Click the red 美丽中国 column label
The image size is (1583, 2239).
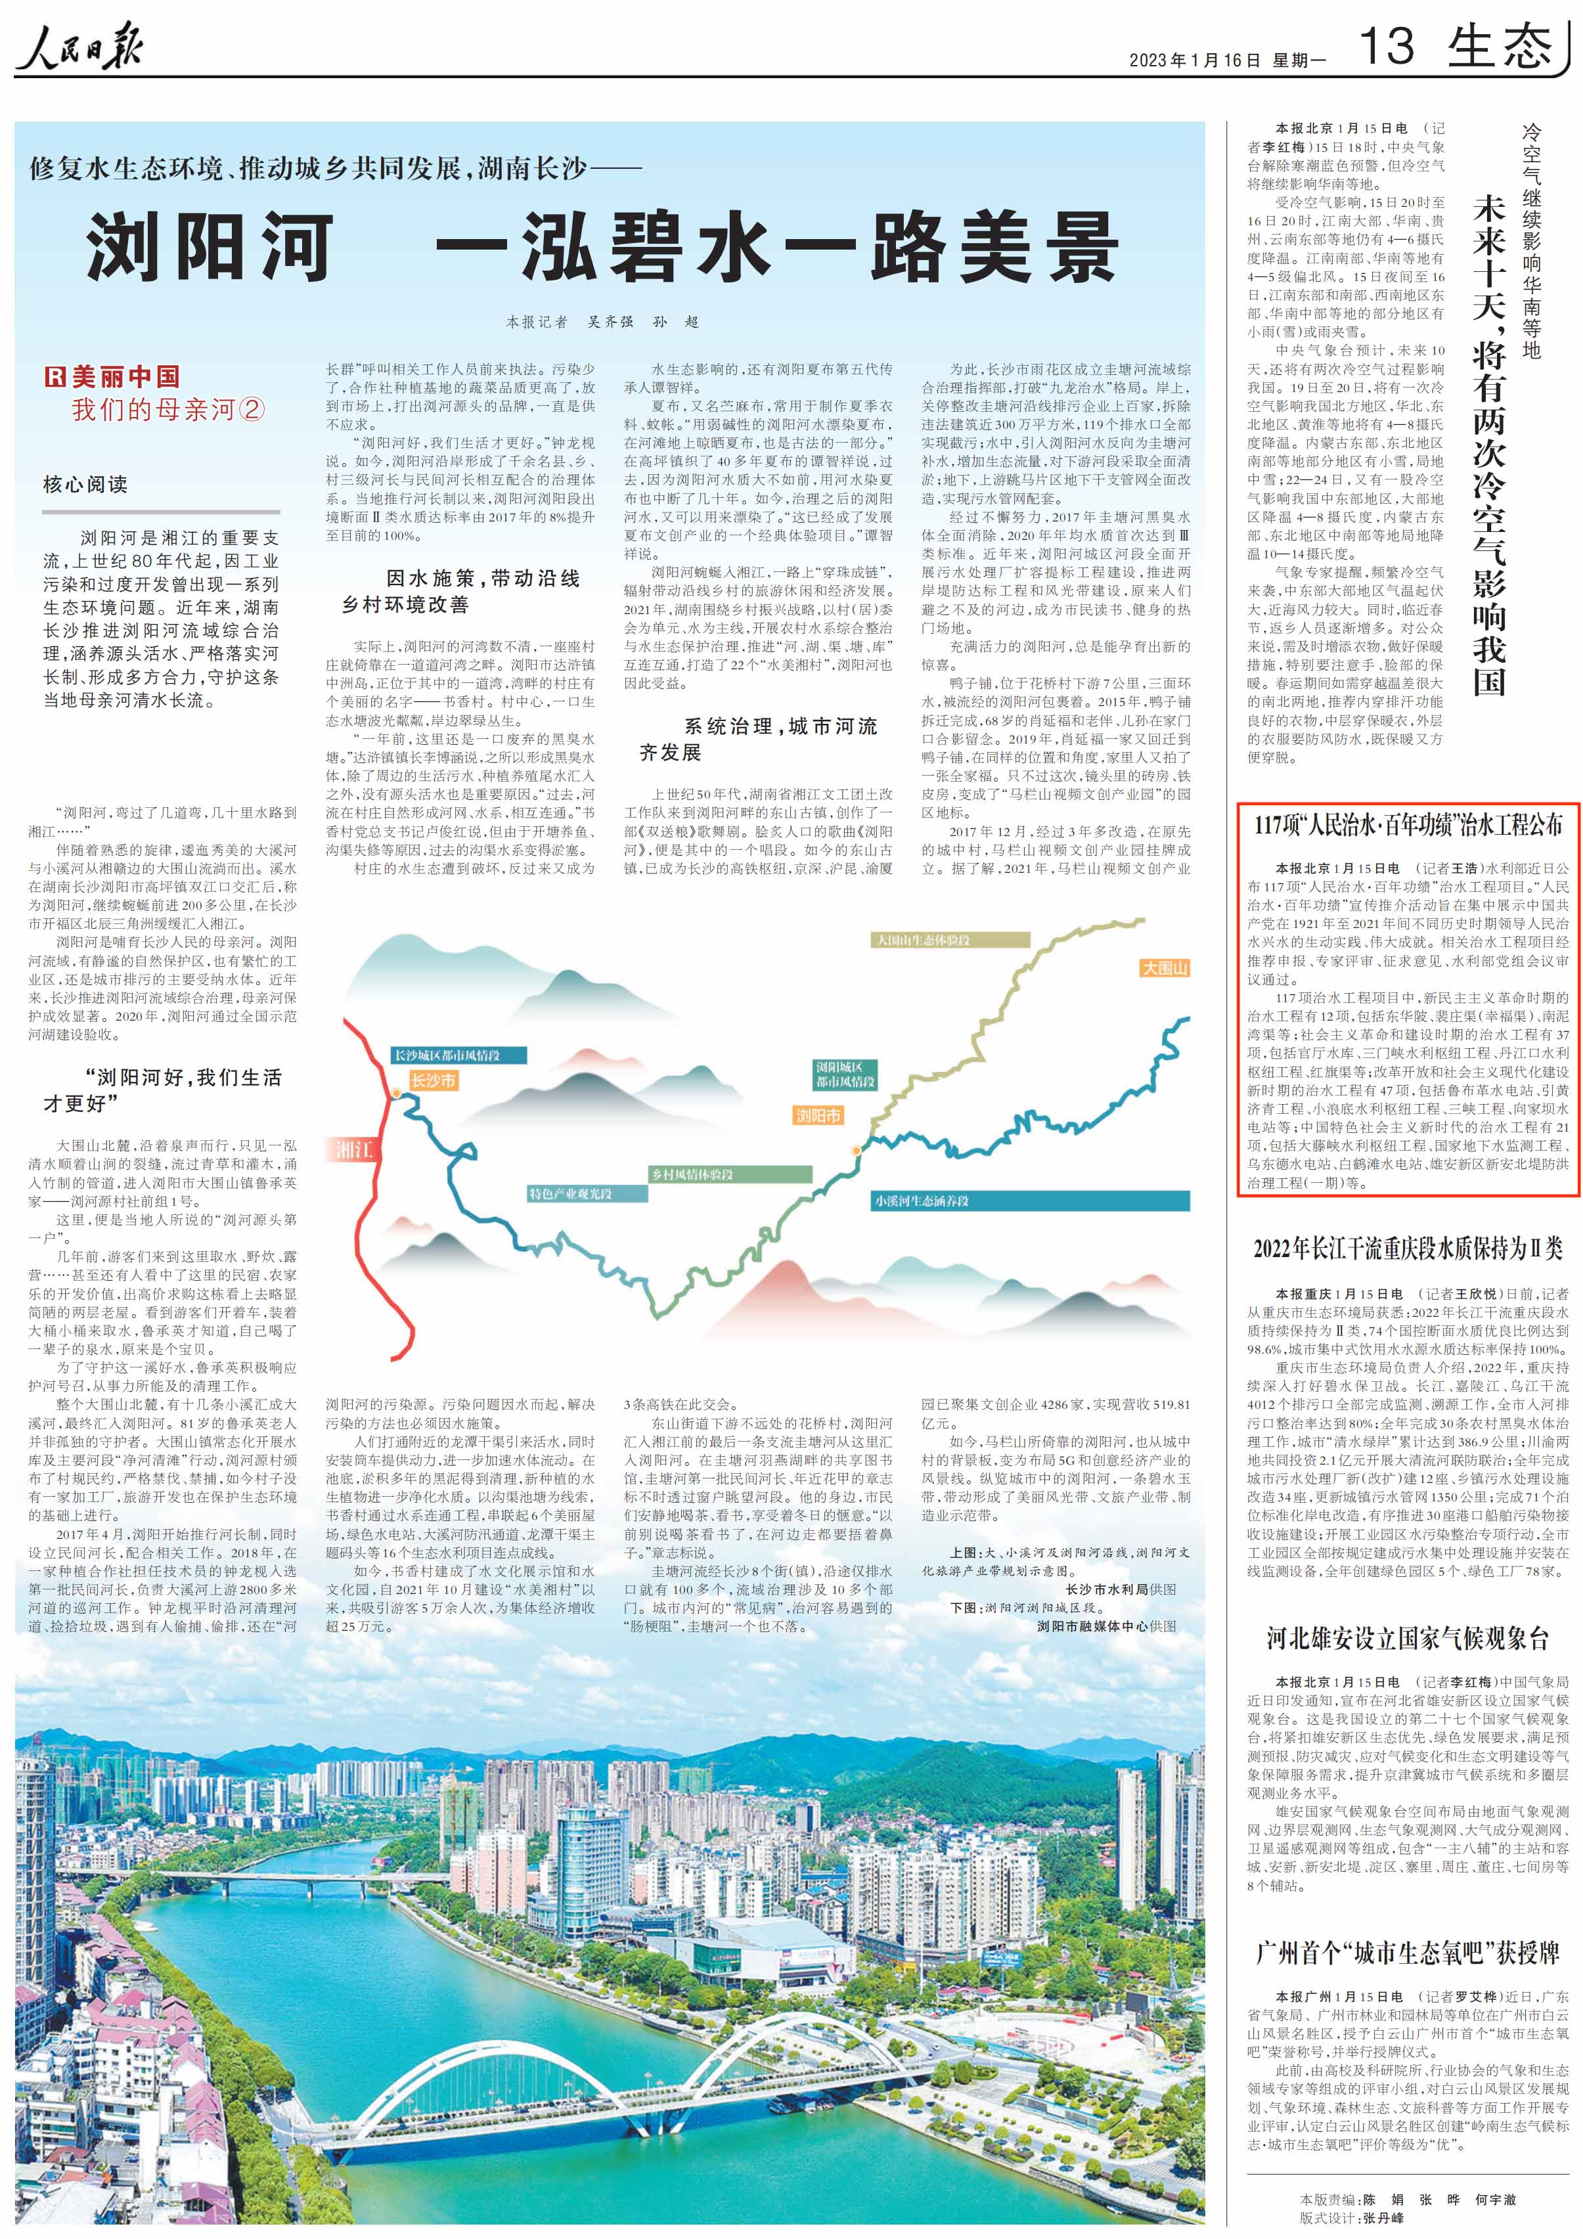coord(114,378)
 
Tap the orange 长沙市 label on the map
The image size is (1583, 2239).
coord(433,1080)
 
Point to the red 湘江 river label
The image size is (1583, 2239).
coord(354,1150)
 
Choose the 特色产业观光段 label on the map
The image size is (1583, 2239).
coord(571,1193)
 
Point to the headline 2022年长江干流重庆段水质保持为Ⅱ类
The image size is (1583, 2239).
coord(1408,1249)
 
